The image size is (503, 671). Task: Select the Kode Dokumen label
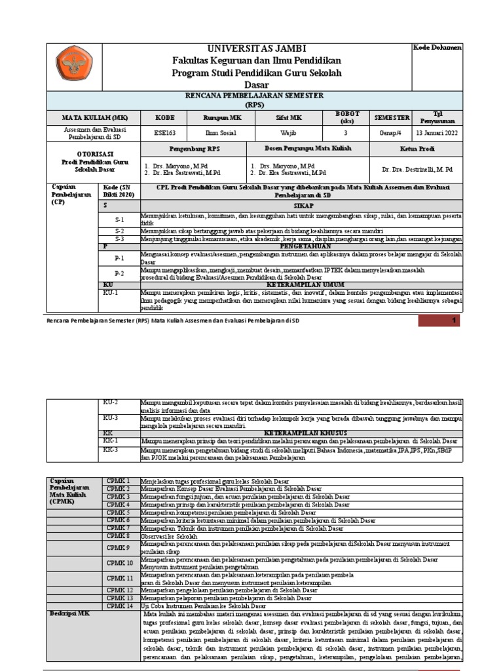coord(438,48)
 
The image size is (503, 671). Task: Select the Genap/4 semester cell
coord(392,132)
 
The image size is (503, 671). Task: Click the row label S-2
coord(119,231)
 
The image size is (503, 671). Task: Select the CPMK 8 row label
coord(119,536)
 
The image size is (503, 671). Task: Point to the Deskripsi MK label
coord(71,613)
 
